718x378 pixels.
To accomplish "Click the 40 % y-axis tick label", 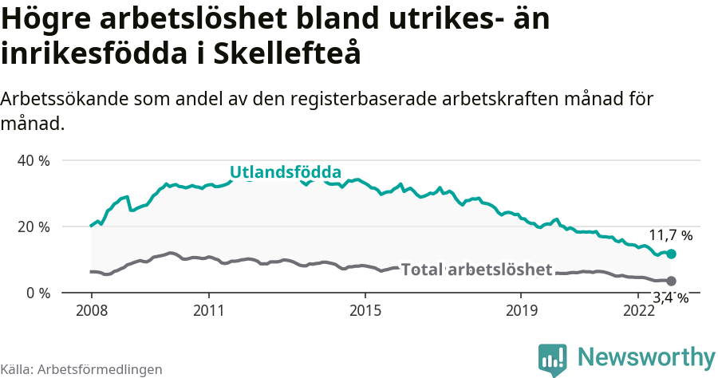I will [34, 160].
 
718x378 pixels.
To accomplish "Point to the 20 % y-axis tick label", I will [34, 226].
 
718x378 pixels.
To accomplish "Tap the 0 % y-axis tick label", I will [37, 293].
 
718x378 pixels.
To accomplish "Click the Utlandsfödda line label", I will [286, 171].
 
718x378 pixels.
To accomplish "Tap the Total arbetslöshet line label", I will [476, 270].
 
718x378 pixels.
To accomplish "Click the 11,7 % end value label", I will [670, 236].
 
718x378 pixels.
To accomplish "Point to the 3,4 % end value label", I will [670, 298].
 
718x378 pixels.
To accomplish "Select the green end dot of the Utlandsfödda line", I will [671, 254].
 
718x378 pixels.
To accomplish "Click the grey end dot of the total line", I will [671, 281].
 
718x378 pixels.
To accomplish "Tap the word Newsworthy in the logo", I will [646, 356].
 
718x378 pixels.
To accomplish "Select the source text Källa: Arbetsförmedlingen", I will [81, 369].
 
